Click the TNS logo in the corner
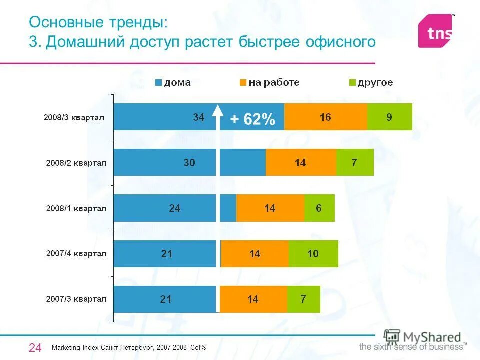point(436,31)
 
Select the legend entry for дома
point(173,83)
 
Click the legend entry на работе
point(269,83)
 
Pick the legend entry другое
point(371,83)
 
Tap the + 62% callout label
point(252,120)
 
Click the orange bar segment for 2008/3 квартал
point(325,117)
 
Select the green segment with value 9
point(389,117)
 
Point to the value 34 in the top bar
point(199,118)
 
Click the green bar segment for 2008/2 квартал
point(354,162)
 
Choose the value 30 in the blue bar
point(189,163)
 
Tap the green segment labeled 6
point(319,208)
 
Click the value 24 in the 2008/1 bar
point(175,208)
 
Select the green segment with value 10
point(313,254)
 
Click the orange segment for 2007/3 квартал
point(253,299)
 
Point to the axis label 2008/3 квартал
point(73,118)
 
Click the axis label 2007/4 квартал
point(76,254)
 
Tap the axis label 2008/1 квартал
point(76,208)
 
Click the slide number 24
point(35,347)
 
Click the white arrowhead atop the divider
point(218,110)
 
